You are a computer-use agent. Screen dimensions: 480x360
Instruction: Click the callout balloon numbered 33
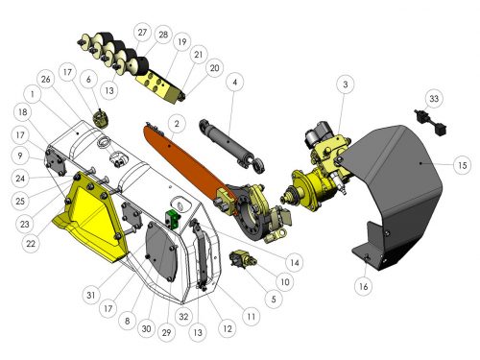point(434,98)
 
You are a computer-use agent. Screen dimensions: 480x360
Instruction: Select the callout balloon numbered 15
point(463,165)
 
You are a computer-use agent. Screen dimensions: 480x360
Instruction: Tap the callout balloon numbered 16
point(364,286)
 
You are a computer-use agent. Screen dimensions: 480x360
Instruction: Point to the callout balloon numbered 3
point(346,84)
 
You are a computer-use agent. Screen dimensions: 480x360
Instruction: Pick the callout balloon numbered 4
point(235,83)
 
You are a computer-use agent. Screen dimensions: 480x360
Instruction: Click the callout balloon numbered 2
point(177,124)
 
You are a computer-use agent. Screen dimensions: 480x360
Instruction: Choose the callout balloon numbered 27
point(142,33)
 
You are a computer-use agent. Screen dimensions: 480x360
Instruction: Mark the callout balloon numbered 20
point(214,68)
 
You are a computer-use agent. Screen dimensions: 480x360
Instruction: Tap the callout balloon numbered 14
point(295,263)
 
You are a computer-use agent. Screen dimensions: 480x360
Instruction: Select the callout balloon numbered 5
point(274,300)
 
